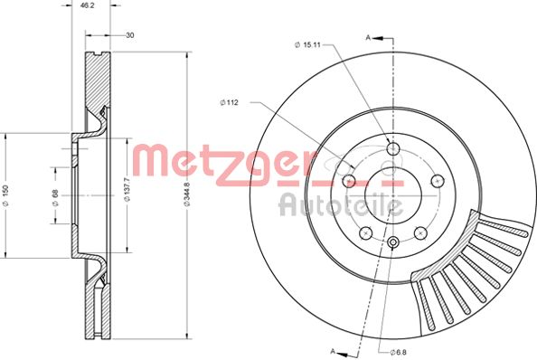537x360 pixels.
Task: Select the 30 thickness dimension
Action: pos(131,35)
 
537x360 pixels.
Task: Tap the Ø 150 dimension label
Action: pos(6,195)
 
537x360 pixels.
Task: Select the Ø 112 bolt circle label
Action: pos(230,101)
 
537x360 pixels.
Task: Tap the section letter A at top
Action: pos(368,38)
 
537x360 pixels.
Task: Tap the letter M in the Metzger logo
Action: pos(153,161)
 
